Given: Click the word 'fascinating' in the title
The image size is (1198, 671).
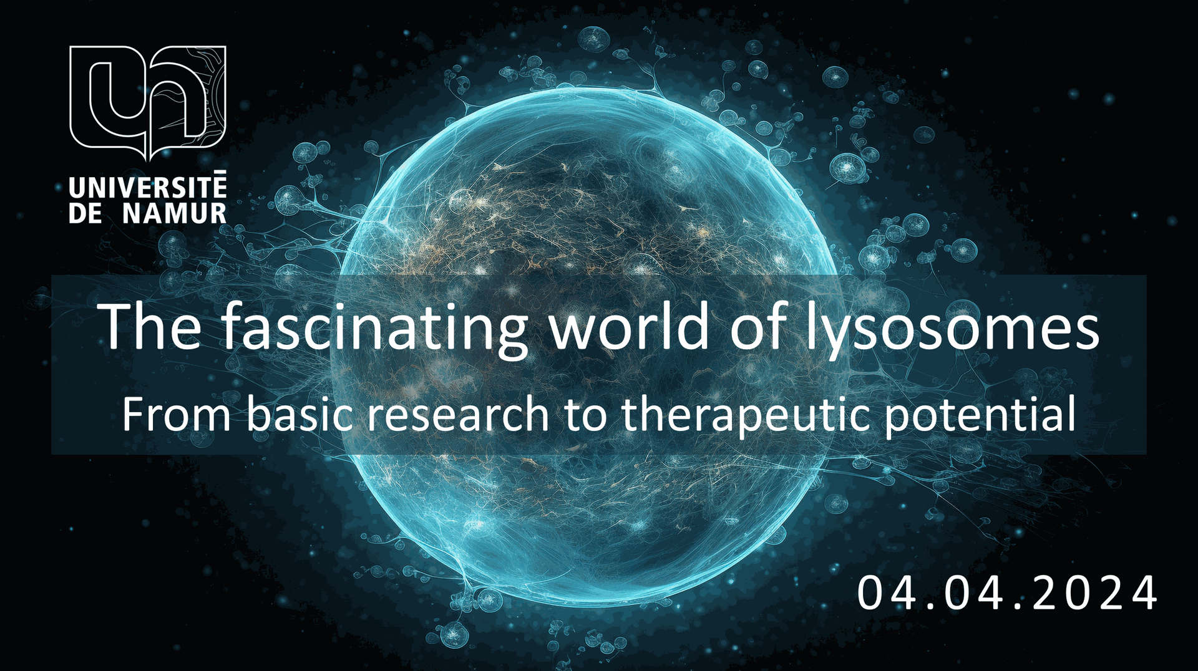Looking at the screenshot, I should click(x=374, y=327).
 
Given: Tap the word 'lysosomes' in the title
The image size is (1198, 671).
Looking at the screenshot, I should click(x=951, y=327).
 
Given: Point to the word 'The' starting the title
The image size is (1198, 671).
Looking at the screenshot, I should click(x=150, y=326).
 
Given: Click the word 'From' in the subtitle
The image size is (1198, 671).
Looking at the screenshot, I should click(x=177, y=415).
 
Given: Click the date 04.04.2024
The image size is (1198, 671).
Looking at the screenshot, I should click(x=1007, y=593).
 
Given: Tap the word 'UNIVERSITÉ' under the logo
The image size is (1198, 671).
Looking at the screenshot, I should click(x=147, y=188).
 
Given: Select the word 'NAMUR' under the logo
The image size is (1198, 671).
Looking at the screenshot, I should click(x=174, y=213).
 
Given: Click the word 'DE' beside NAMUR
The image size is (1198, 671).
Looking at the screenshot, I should click(x=85, y=213).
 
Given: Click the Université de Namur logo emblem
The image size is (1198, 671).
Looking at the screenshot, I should click(x=147, y=100).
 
